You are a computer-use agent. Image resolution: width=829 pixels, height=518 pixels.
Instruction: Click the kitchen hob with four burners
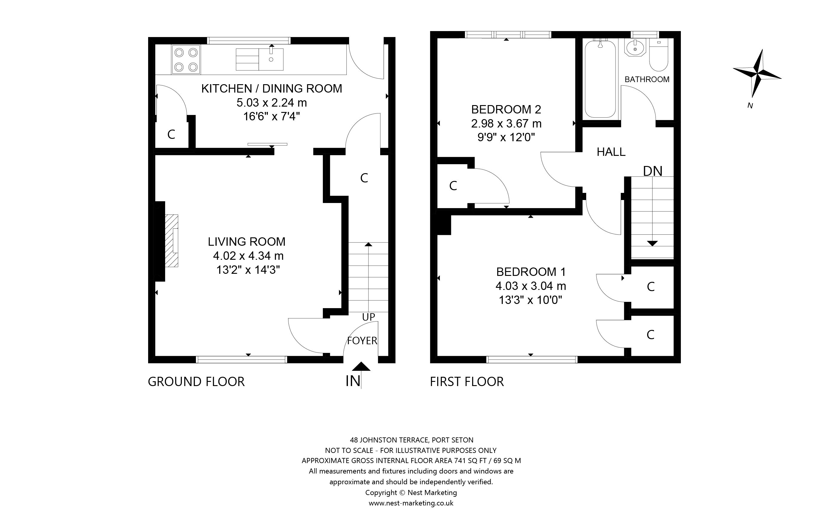tap(186, 60)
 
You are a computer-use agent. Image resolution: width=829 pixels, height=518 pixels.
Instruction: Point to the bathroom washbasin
tap(635, 48)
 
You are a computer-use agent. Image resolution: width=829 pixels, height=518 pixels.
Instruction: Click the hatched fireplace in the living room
tap(172, 241)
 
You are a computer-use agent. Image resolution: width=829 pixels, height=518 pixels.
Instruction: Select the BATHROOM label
tap(647, 79)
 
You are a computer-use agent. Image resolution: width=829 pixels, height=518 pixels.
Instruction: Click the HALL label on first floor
tap(611, 152)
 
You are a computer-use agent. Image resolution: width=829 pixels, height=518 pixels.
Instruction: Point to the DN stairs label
tap(653, 171)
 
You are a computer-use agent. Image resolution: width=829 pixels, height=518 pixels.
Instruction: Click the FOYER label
tap(362, 341)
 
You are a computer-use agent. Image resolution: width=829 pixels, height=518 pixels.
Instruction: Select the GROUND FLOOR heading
tap(196, 382)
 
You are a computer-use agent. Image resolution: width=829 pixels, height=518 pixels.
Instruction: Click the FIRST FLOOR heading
tap(467, 382)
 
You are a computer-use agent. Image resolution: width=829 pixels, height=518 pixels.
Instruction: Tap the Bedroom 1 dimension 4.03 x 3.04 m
tap(531, 286)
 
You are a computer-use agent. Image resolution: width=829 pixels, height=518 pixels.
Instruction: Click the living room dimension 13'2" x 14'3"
tap(248, 270)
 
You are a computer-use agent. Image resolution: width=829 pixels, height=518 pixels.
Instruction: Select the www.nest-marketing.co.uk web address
tap(411, 503)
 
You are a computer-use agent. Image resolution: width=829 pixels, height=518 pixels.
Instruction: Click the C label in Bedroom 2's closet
tap(453, 186)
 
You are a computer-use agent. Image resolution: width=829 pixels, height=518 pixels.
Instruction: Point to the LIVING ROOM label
tap(247, 242)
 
